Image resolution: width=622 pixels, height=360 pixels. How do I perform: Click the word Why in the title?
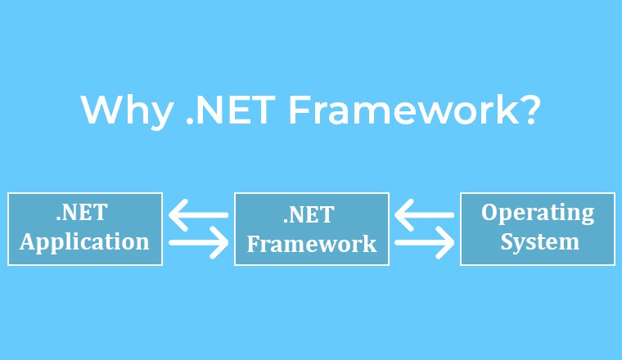point(127,111)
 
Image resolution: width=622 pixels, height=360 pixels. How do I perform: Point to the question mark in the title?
point(528,109)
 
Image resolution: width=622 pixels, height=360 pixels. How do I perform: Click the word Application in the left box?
point(84,242)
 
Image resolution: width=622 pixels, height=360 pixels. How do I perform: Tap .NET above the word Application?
point(82,212)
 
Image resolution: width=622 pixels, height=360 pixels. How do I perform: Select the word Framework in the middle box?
point(312,244)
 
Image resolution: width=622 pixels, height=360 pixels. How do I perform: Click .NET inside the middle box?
point(309,214)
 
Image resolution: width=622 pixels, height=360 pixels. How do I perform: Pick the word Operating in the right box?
point(538,213)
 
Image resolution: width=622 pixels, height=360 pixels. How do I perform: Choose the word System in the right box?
point(540,242)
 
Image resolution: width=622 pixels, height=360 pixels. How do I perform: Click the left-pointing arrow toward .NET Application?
point(198,215)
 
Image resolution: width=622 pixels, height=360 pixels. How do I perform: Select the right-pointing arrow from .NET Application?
point(198,243)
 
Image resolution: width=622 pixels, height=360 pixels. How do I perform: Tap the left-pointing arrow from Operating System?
point(425,215)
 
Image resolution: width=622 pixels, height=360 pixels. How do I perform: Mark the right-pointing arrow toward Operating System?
point(425,243)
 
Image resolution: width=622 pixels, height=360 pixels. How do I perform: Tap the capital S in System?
point(507,241)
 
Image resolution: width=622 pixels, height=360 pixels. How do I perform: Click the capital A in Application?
point(28,241)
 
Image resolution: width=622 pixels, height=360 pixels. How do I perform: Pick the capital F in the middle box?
point(254,244)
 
